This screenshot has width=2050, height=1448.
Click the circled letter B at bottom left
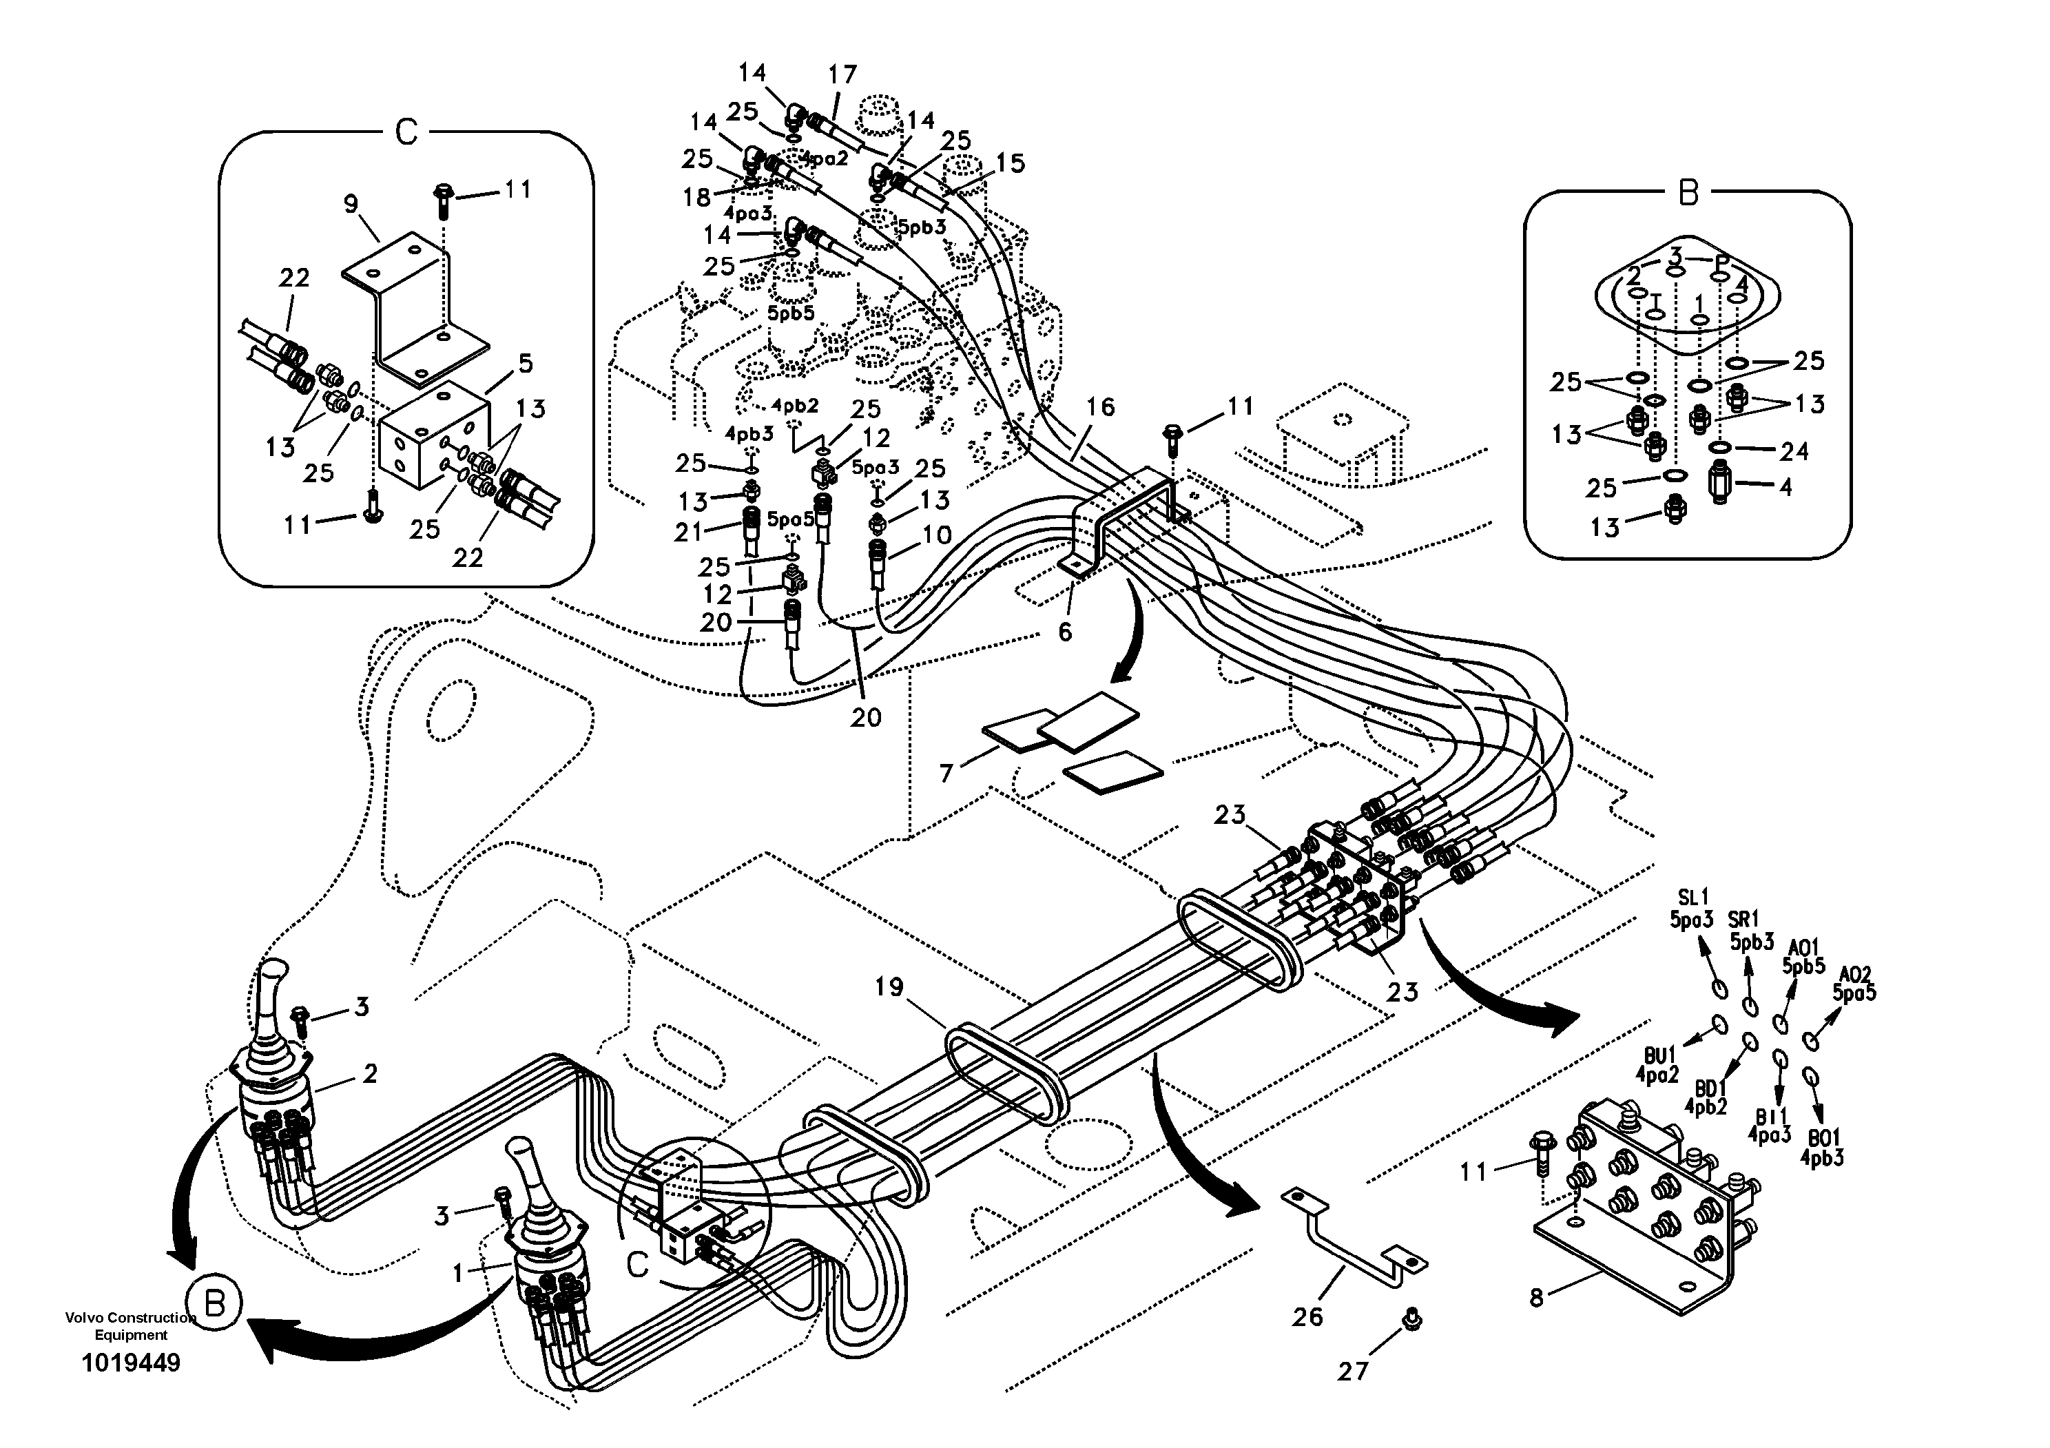(x=214, y=1303)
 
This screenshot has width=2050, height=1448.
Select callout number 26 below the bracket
(x=1307, y=1316)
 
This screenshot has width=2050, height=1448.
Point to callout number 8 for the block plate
(x=1535, y=1297)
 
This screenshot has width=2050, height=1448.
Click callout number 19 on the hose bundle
(x=889, y=987)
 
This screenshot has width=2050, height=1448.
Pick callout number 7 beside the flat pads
(x=946, y=772)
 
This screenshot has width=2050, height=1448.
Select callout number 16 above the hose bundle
(x=1101, y=407)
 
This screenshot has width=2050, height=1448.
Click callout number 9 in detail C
(x=351, y=205)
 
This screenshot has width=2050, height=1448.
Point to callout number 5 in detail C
(x=525, y=362)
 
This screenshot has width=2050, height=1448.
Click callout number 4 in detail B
(x=1785, y=488)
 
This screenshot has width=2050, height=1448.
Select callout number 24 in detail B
(x=1794, y=452)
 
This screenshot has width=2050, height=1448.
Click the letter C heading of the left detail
(x=406, y=133)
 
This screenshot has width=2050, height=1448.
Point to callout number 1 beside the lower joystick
(x=459, y=1273)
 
